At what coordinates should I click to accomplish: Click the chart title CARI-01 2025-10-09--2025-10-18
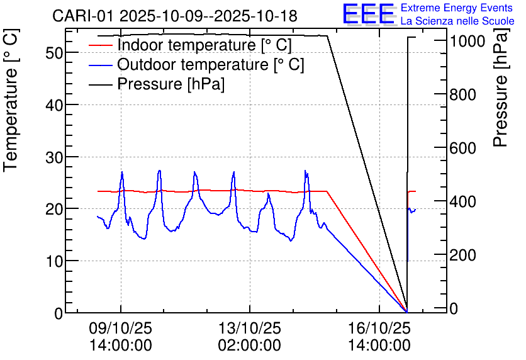174,16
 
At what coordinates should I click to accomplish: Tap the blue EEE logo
369,14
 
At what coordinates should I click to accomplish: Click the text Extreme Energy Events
456,8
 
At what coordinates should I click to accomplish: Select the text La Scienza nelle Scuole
457,21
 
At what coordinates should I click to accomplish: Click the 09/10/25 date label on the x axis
121,329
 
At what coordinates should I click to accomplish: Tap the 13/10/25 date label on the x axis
250,329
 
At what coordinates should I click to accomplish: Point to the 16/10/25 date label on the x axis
379,329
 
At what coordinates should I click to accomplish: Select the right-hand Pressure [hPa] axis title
501,101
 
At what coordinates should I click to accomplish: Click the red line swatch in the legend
101,45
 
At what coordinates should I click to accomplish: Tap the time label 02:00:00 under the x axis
250,345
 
